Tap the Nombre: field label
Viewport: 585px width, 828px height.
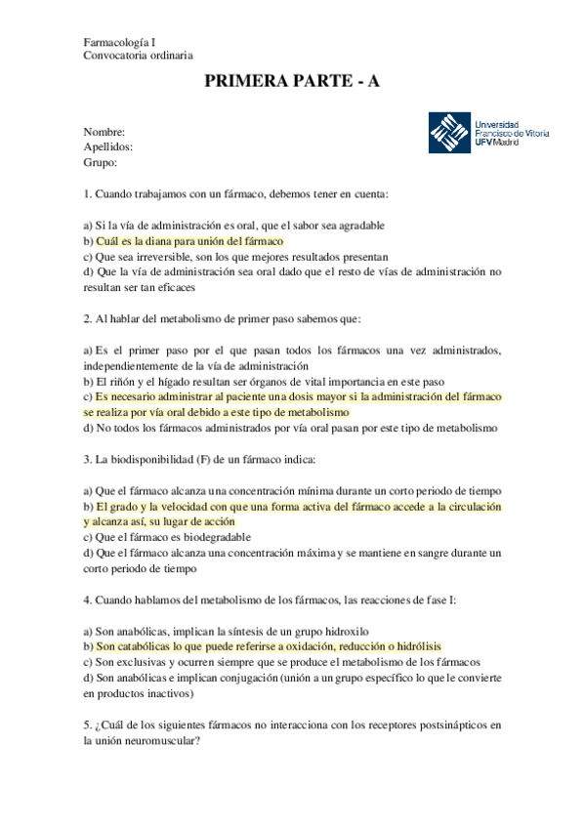point(104,132)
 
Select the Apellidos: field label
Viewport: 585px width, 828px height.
point(108,147)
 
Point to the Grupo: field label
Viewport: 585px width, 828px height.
point(101,163)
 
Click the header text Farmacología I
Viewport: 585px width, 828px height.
point(126,42)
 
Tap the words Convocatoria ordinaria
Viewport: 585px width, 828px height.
point(138,57)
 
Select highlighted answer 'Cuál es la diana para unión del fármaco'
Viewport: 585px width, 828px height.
point(189,240)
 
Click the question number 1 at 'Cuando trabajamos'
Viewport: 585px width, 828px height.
point(87,194)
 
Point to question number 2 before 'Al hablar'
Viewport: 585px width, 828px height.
point(87,318)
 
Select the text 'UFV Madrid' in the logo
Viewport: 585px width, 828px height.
point(498,142)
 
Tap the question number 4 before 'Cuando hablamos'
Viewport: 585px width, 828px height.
point(87,599)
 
